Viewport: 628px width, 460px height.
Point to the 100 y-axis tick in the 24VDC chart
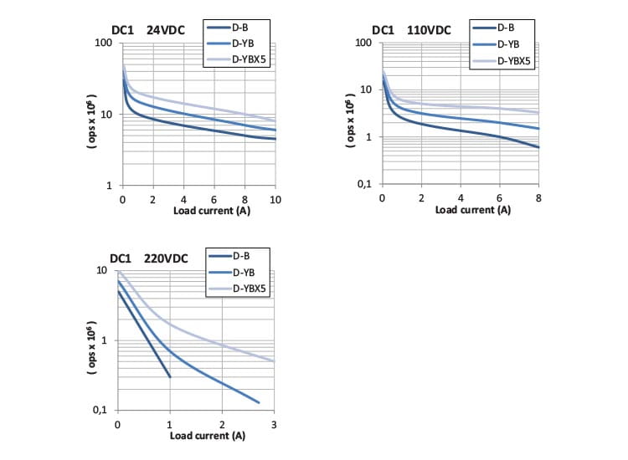106,43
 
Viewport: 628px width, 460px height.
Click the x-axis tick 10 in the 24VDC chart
275,198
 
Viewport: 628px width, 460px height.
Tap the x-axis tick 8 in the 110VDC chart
538,198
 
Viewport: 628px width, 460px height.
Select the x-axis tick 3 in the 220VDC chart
275,424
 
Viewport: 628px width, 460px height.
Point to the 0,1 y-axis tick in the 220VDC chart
103,410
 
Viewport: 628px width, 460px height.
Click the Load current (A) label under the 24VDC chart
212,210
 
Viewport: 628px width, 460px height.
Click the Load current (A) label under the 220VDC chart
208,436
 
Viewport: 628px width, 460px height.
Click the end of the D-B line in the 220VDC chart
170,377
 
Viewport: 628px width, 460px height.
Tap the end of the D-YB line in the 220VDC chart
259,403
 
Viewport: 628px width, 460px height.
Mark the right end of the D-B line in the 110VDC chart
538,148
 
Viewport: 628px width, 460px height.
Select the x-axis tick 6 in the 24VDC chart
214,198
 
